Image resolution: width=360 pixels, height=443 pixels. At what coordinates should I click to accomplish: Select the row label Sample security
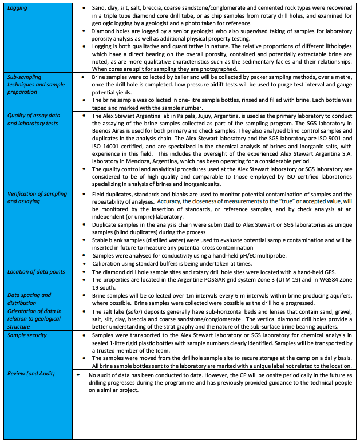[27, 334]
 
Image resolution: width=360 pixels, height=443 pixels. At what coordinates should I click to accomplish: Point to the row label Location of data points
[36, 271]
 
